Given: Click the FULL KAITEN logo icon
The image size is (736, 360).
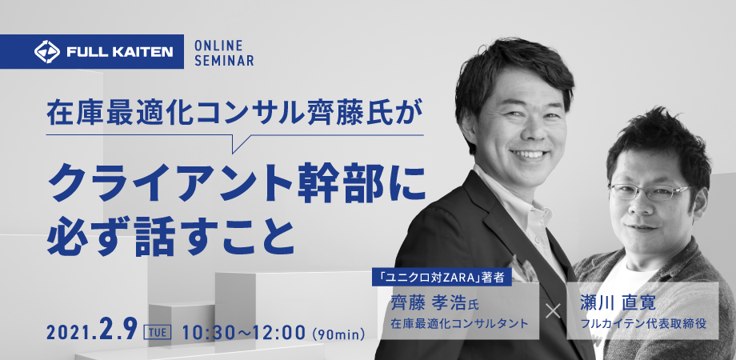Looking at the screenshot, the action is [47, 52].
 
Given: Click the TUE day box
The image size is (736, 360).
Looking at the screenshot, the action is [158, 333].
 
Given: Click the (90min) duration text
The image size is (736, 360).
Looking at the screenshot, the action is [338, 334].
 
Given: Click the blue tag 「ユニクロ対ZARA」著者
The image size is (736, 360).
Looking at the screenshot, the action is [442, 278].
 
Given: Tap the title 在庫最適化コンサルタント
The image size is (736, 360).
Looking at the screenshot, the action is [459, 323].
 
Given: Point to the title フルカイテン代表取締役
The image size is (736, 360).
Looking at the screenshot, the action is [643, 323].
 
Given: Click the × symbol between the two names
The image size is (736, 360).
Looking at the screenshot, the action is [553, 310].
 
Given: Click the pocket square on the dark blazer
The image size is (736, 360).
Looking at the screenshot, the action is [522, 271].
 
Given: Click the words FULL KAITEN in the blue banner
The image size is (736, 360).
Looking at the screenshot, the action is [120, 52].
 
